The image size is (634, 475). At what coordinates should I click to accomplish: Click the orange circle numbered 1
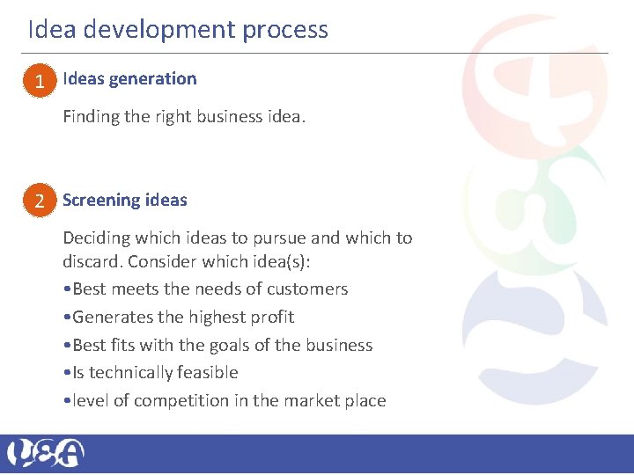pos(40,82)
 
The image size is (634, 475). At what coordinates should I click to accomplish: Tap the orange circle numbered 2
pos(40,202)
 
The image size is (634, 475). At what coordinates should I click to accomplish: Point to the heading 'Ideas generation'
pos(129,78)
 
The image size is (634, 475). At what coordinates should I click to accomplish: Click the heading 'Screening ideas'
pos(125,200)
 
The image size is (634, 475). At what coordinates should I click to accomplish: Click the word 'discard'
pos(92,262)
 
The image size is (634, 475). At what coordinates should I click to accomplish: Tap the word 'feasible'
pos(207,372)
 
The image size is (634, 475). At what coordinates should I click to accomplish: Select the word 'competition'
pos(181,400)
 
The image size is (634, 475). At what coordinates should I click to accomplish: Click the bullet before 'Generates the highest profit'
pos(67,318)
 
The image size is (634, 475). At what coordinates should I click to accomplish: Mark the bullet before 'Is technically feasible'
pos(67,373)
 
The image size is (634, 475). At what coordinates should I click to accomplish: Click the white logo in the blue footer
pos(46,453)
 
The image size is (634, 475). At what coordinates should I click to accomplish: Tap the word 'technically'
pos(129,372)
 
